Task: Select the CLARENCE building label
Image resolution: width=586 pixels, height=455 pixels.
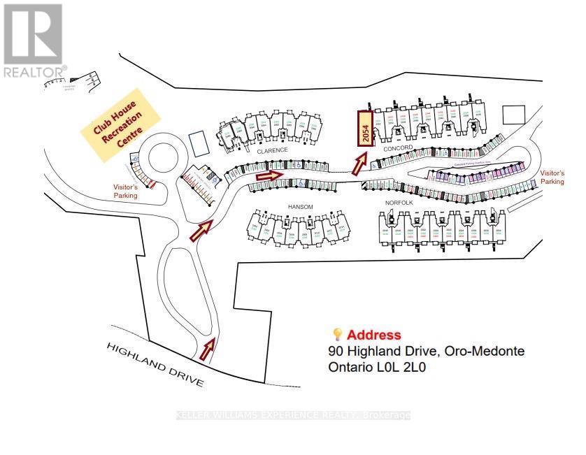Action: [272, 150]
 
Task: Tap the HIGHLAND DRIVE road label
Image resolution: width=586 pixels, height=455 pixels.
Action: [155, 365]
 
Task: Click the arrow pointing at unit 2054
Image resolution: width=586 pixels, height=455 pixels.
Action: [359, 164]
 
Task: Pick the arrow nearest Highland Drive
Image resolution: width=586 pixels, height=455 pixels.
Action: [208, 348]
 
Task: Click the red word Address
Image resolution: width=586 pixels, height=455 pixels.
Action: [374, 335]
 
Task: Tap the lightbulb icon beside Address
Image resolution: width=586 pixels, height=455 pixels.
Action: [337, 334]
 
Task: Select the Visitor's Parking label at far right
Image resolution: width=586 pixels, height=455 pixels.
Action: [552, 177]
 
